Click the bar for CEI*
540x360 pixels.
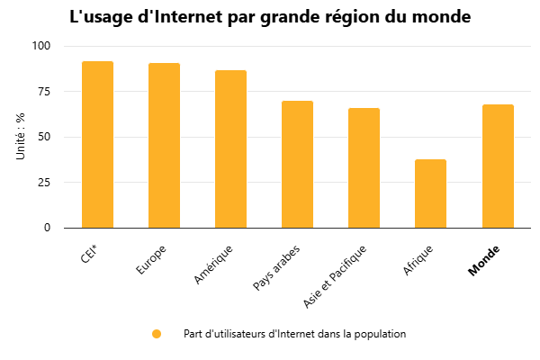(97, 144)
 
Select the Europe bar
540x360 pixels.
(164, 145)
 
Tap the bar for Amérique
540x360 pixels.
(230, 148)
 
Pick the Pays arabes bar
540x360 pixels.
(297, 164)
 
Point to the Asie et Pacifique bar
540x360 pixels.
(364, 167)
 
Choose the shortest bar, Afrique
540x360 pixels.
(430, 193)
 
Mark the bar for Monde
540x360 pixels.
(498, 166)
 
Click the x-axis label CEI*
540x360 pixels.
(89, 253)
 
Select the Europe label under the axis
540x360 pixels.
(151, 256)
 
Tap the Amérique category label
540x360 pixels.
(214, 264)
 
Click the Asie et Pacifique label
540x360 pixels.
(335, 276)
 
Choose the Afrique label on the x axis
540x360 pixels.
(418, 258)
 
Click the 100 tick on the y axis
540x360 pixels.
(41, 46)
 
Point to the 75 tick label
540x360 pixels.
(44, 92)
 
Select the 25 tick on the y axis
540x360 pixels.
(44, 183)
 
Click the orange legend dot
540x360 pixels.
(157, 334)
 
